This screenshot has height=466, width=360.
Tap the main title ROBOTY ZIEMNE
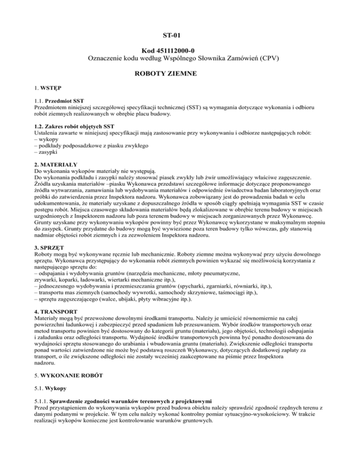tap(180, 73)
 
